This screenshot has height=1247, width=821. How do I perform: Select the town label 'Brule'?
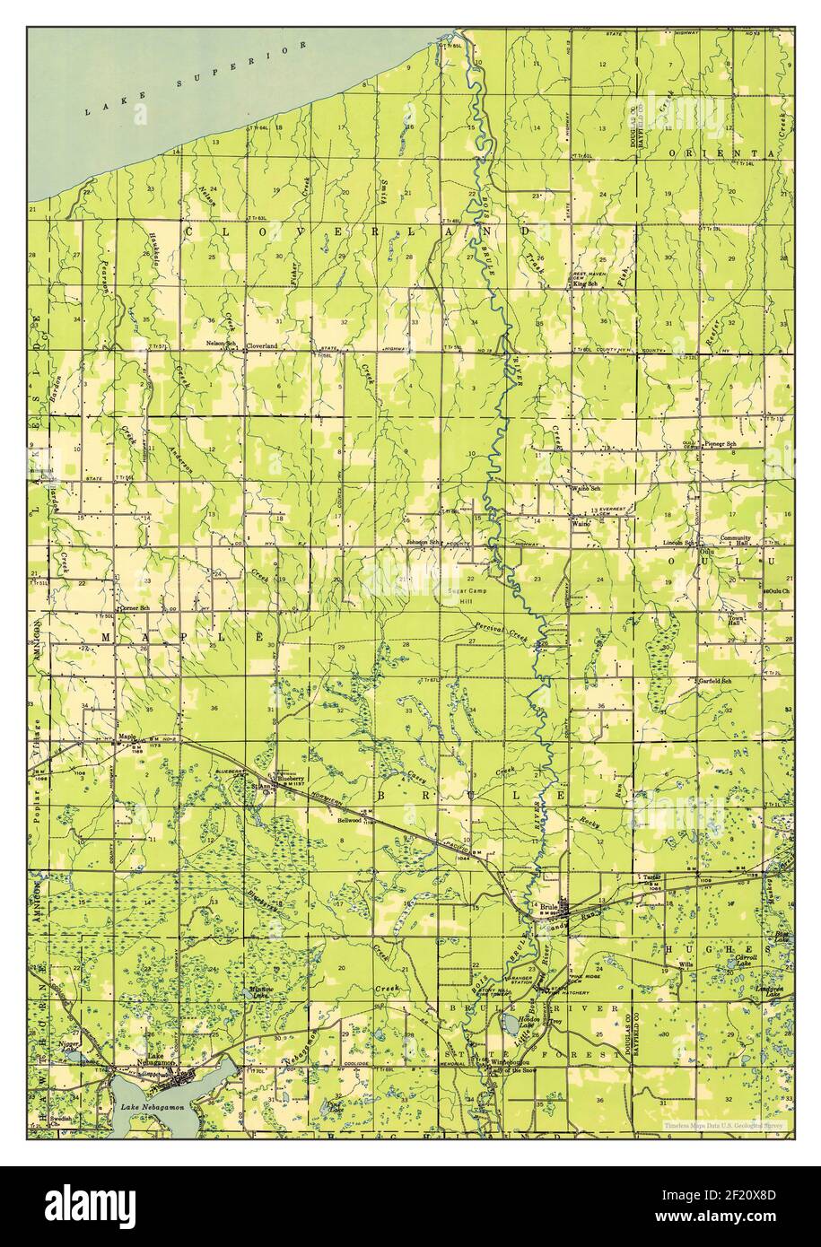[548, 908]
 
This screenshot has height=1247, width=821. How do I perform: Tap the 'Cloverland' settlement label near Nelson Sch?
[262, 344]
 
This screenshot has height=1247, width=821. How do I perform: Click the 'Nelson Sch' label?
[220, 343]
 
